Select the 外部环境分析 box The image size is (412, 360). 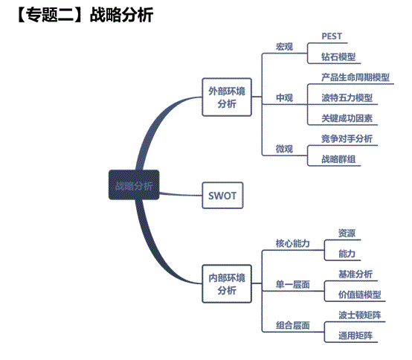(228, 97)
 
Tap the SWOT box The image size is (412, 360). (223, 197)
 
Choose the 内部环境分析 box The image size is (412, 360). (228, 285)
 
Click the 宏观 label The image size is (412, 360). (284, 47)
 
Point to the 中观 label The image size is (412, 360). (284, 98)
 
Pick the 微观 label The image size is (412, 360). (284, 149)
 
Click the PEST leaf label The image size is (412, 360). (332, 36)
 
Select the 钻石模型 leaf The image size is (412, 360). (338, 57)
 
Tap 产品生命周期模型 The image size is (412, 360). (355, 77)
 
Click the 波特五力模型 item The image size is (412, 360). (347, 98)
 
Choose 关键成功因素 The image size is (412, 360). (347, 119)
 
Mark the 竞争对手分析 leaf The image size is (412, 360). (347, 139)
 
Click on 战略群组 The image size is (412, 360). (338, 159)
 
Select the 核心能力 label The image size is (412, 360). (292, 243)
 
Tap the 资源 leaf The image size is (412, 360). (347, 233)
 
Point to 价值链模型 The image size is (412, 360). (359, 295)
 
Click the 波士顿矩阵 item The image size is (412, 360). (359, 315)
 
